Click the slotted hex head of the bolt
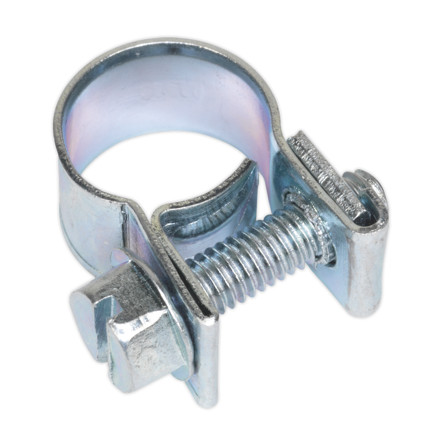click(131, 331)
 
